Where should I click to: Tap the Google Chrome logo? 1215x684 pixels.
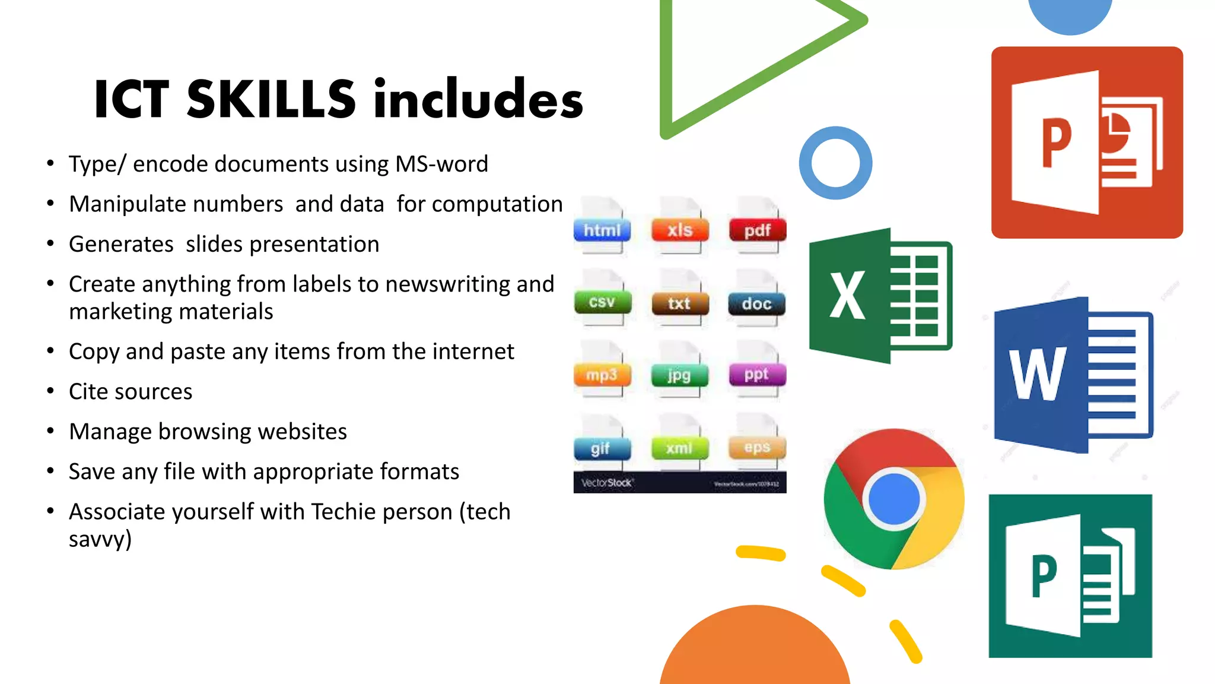click(894, 499)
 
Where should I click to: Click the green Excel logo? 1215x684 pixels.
click(880, 295)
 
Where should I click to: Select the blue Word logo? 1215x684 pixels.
click(1073, 375)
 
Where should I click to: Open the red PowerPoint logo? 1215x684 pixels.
click(1087, 142)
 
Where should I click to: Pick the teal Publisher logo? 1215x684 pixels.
click(1070, 576)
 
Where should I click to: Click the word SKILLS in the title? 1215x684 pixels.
click(271, 99)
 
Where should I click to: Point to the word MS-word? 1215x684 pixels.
click(441, 164)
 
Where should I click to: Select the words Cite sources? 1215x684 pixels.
click(131, 392)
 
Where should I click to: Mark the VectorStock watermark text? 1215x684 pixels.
click(607, 483)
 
